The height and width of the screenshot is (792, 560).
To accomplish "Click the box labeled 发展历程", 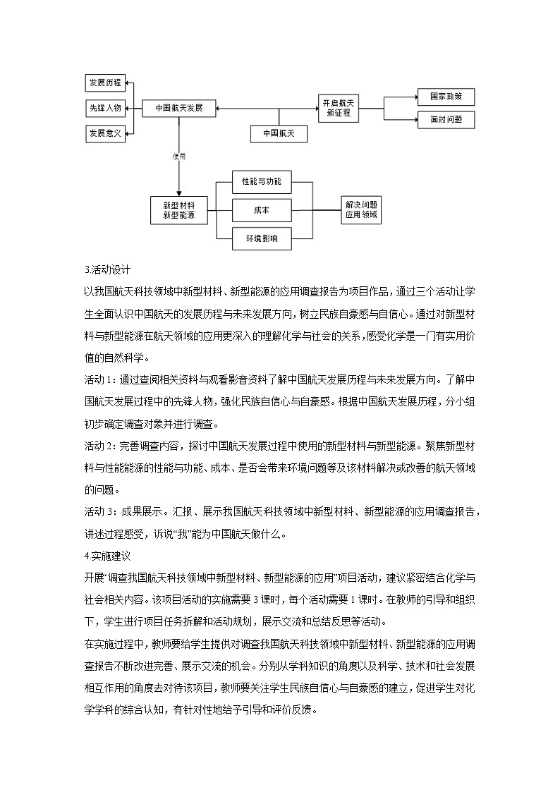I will (x=105, y=83).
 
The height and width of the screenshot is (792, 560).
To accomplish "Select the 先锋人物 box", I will (x=105, y=108).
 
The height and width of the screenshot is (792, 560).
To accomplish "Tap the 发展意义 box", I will (x=105, y=133).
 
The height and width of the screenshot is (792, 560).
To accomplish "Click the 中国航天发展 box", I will (x=178, y=108).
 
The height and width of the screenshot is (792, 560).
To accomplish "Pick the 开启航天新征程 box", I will (x=339, y=108).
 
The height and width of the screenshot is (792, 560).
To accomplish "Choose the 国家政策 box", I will (x=446, y=97).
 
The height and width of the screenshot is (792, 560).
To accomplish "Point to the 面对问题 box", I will (x=446, y=120).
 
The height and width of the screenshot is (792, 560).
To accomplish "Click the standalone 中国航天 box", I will (x=279, y=133).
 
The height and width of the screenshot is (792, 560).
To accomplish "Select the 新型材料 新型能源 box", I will (x=178, y=209).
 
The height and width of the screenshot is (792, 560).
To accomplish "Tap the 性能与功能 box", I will (x=262, y=181).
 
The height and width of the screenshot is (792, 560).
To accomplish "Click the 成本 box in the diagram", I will (x=262, y=210).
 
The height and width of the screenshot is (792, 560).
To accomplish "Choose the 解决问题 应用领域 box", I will (x=361, y=209).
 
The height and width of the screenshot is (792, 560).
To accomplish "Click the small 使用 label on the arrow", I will (x=179, y=157).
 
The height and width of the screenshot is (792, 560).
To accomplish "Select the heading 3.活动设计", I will (x=106, y=269).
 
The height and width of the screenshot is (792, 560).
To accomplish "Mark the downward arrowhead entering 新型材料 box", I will (x=178, y=193).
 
